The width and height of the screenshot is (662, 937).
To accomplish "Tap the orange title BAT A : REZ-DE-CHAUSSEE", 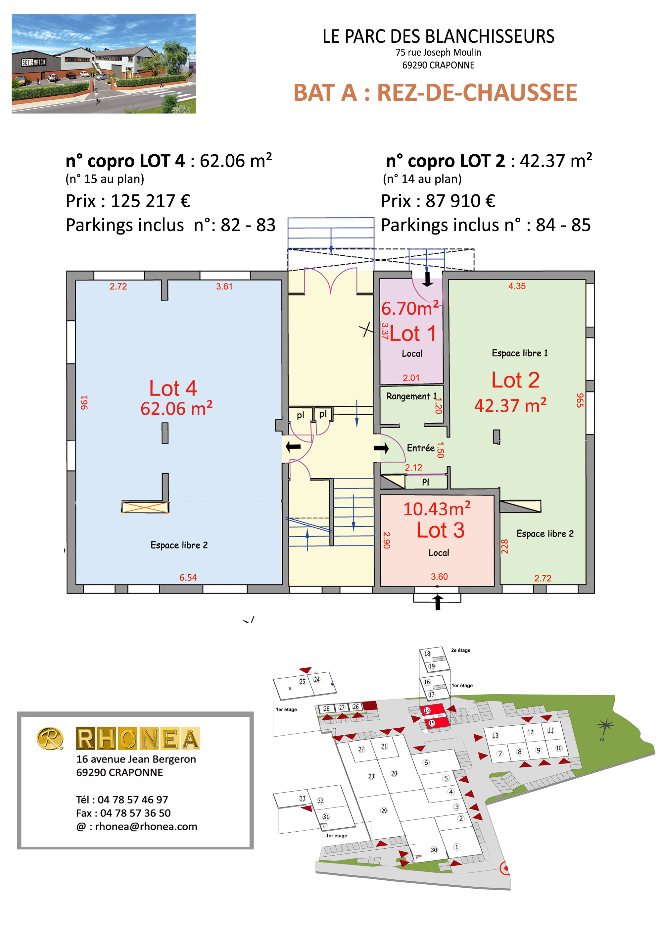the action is [435, 93].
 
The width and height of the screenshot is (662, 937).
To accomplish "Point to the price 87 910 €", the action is [460, 201].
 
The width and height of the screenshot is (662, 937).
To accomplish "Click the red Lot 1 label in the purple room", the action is [413, 334].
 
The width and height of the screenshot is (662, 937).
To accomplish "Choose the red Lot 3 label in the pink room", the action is [441, 530].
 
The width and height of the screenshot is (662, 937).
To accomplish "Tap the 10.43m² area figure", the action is [437, 508].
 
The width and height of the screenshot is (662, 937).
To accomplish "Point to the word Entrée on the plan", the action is [420, 448].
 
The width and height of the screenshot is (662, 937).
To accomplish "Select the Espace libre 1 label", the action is [520, 353].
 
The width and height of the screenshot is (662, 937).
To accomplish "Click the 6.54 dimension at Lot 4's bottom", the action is [188, 577].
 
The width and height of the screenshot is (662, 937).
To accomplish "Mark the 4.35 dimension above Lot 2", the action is [517, 286].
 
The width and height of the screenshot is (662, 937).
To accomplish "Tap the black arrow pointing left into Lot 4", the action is [293, 447].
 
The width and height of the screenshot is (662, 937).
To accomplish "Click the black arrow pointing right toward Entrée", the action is [381, 448].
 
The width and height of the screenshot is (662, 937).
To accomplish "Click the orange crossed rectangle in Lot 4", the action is [145, 507].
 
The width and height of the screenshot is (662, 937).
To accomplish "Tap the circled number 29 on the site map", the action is [384, 810].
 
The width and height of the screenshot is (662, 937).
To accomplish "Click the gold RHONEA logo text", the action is [137, 739].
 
